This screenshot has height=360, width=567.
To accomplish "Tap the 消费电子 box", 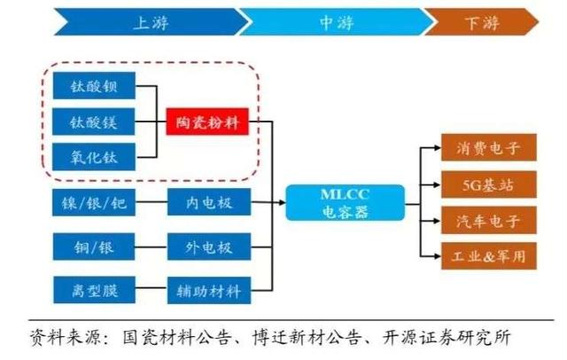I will coord(489,150).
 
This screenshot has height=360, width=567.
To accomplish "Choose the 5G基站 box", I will coord(489,186).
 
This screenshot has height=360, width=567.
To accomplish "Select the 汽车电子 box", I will coord(489,221).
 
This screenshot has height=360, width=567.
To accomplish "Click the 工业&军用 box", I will coord(489,256).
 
